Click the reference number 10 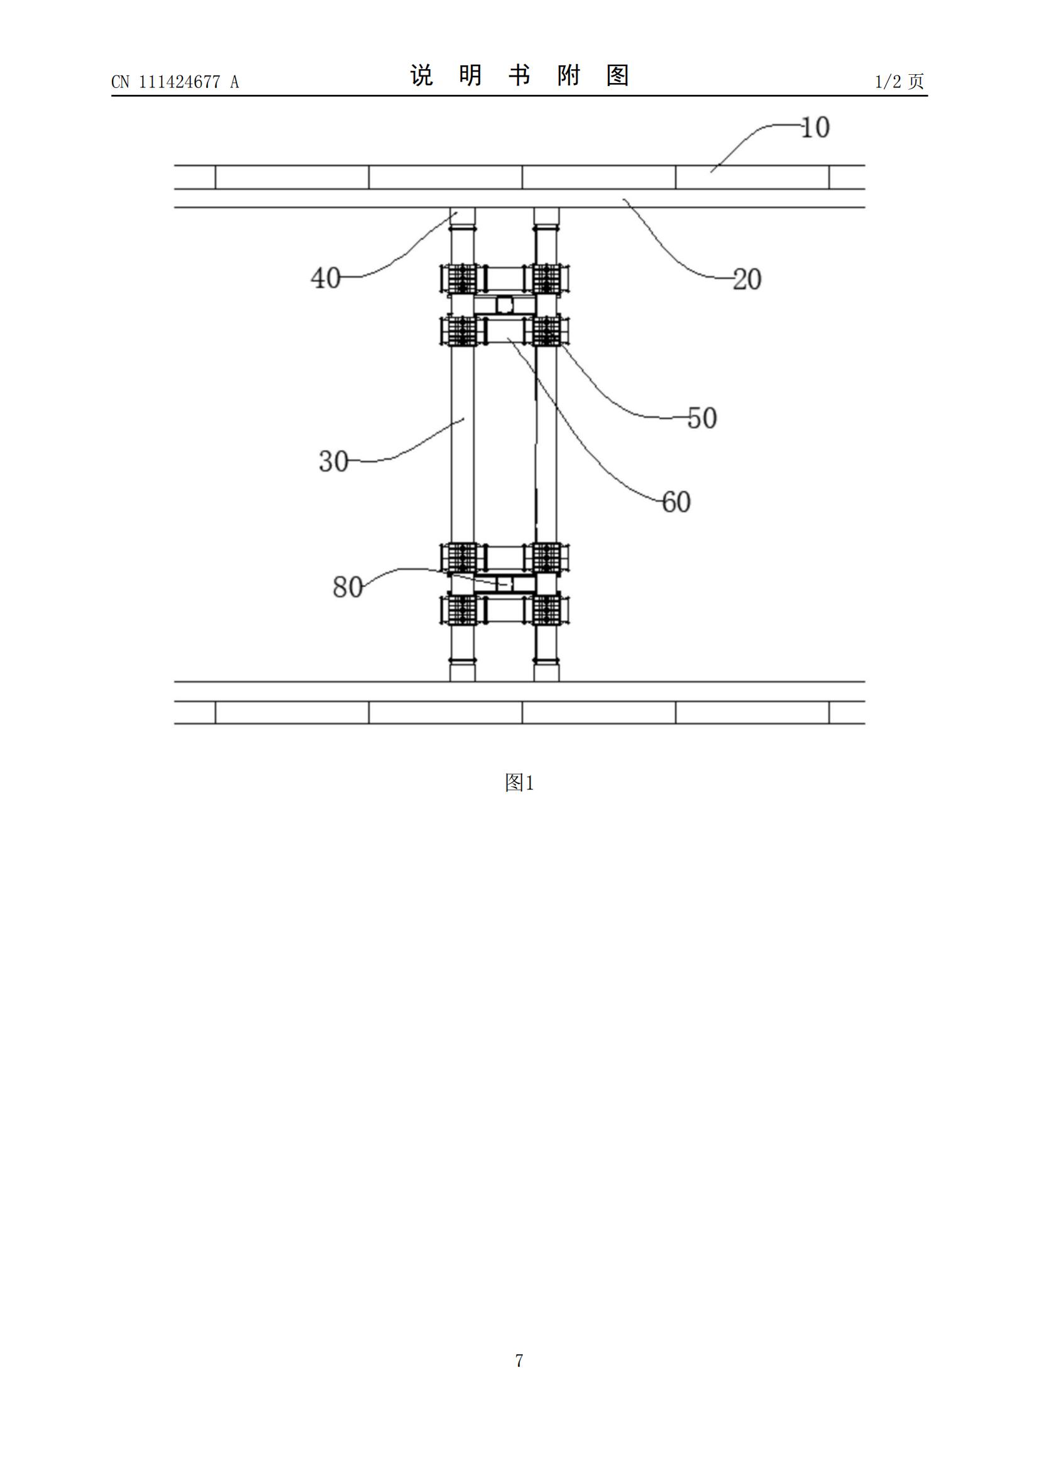tap(815, 128)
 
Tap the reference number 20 tap(747, 279)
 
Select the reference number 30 tap(334, 461)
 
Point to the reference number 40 tap(325, 278)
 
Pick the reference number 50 tap(701, 418)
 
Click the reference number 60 tap(676, 502)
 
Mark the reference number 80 tap(348, 586)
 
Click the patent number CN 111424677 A tap(175, 82)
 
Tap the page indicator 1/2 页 tap(899, 81)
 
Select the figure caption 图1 tap(519, 782)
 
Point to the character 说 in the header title tap(422, 75)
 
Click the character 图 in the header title tap(618, 75)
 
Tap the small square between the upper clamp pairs tap(505, 305)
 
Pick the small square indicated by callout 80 tap(506, 584)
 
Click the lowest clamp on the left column tap(459, 610)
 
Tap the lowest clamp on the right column tap(548, 610)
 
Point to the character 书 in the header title tap(520, 75)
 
